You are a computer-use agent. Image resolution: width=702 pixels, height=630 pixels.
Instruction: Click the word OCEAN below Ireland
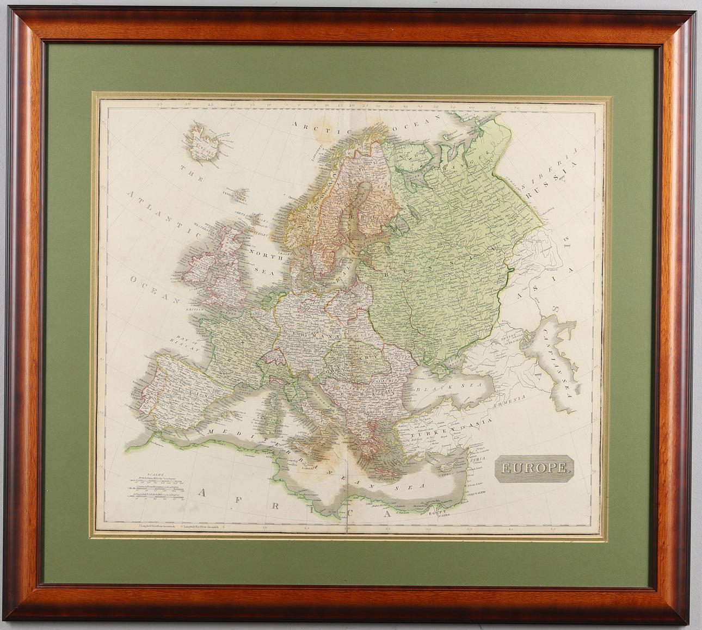155,289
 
